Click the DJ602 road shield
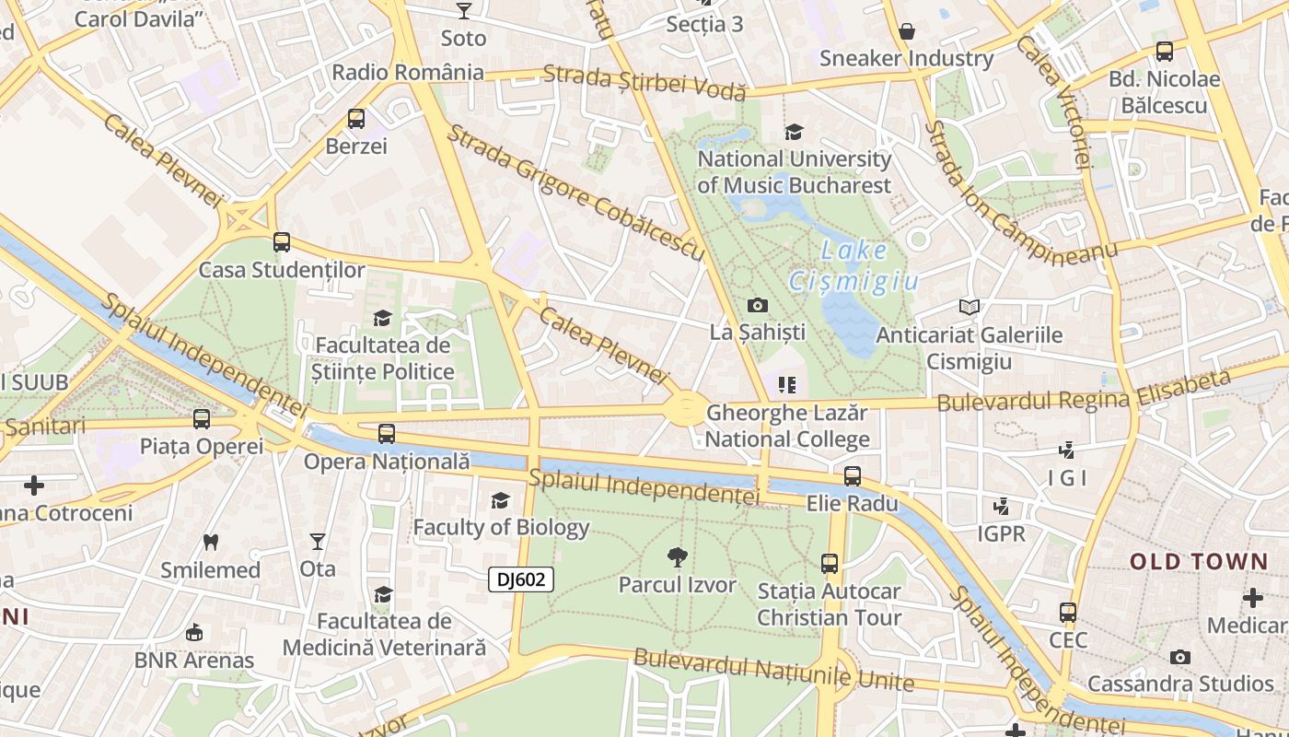521,579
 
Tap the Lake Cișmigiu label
854,265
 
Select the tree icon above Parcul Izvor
678,556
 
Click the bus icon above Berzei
356,119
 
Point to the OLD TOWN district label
1199,561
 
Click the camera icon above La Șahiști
758,305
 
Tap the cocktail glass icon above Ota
318,541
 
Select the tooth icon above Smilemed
211,542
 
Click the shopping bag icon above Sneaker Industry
907,31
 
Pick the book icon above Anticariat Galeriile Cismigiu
969,307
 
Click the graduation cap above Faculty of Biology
500,500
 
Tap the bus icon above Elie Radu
853,476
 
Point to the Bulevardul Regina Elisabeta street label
1084,392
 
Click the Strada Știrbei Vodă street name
644,81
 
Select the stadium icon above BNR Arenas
194,633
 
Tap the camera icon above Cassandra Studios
1180,657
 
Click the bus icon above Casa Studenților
282,242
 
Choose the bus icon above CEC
1068,613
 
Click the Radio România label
408,72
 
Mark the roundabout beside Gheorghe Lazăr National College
685,408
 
